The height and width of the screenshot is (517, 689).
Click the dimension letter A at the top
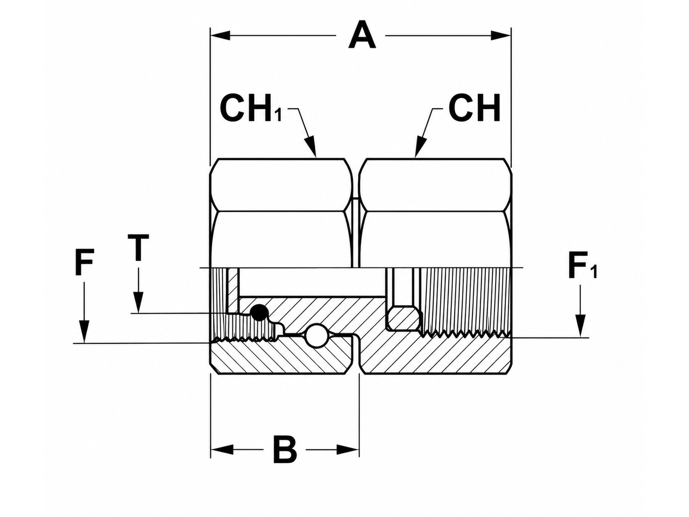tap(362, 35)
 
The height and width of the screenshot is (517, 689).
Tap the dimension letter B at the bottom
tap(285, 449)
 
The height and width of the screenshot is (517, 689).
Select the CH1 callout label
tap(251, 109)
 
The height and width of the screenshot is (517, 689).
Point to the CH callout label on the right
tap(474, 108)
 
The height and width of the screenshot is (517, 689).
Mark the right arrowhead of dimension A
tap(501, 35)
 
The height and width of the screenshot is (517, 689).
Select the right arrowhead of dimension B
tap(348, 449)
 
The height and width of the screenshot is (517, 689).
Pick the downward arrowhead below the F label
tap(84, 331)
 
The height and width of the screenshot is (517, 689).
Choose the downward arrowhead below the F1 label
tap(580, 327)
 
